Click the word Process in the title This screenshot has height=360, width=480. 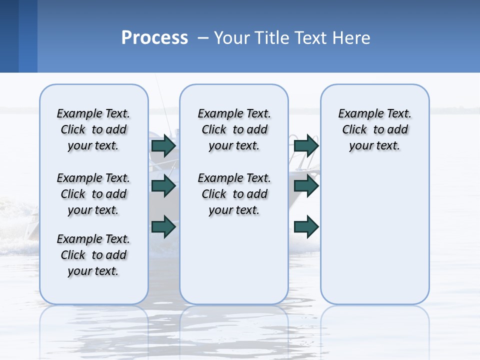[x=154, y=38]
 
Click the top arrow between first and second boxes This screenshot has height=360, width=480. [x=163, y=146]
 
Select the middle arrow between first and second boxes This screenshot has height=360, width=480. [x=163, y=186]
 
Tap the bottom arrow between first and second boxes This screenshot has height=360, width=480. [x=163, y=226]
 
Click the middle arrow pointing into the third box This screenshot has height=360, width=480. [x=306, y=186]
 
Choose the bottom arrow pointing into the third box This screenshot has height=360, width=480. [x=306, y=227]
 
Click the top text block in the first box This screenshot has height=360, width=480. [x=93, y=129]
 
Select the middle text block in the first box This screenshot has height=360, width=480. [x=93, y=194]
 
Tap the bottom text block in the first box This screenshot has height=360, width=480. [x=93, y=255]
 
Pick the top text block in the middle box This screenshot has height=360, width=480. [x=234, y=129]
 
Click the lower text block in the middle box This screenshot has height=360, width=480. [x=234, y=194]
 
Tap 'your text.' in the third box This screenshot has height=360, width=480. [x=374, y=146]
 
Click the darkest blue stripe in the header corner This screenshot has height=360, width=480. [x=9, y=36]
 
